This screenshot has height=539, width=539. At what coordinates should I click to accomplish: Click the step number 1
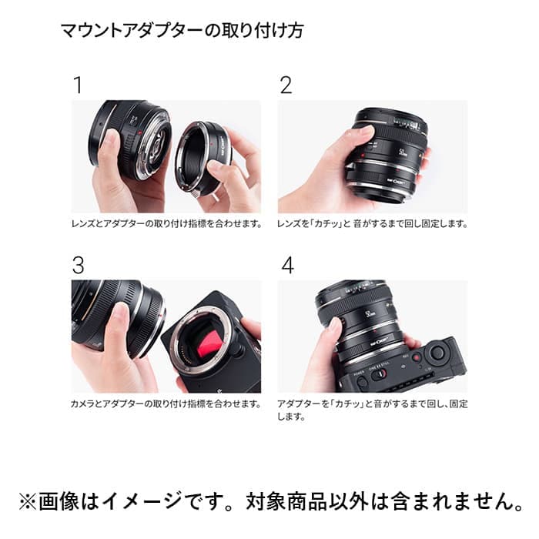coord(79,85)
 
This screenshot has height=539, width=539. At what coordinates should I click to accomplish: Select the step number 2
coord(286,85)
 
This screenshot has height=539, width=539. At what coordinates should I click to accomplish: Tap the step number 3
coord(79,266)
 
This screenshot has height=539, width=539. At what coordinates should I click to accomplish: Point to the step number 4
coord(288,266)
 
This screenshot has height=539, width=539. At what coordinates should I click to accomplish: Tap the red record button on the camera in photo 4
coord(417,358)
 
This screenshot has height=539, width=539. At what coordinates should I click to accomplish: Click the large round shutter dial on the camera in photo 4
coord(437,351)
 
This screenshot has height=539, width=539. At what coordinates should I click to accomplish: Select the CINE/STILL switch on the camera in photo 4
coord(377,374)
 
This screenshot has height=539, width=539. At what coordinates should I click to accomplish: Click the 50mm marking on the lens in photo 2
coord(403,152)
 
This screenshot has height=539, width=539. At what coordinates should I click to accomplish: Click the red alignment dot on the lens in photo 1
coord(140,132)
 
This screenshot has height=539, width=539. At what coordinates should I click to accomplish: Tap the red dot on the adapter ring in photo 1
coord(212,143)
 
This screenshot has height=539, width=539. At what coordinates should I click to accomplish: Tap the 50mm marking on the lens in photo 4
coord(370,314)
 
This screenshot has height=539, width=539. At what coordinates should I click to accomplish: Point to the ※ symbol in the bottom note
coord(28,502)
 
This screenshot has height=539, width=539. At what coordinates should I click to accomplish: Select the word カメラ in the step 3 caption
coord(82,403)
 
